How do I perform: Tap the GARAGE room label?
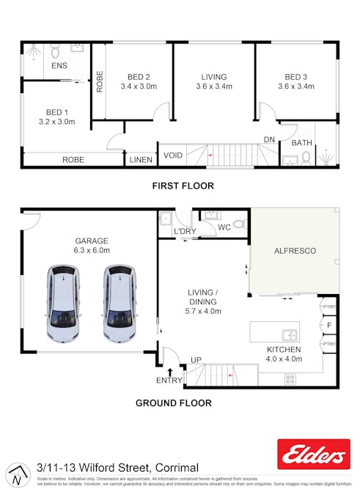pos(92,241)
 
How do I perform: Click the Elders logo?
pos(314,454)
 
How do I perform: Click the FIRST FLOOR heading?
pos(183,186)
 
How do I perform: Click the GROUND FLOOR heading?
pos(174,403)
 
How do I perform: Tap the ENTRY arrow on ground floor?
pos(170,372)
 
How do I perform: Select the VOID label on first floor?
pos(173,155)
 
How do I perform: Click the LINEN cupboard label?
pos(141,159)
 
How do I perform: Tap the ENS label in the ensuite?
pos(59,66)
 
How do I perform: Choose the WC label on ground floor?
pos(224,227)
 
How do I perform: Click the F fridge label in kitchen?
pos(330,324)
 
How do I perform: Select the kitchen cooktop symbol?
pos(290,379)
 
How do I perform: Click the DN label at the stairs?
pos(269,139)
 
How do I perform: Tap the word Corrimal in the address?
pos(177,468)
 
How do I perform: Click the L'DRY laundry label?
pos(184,232)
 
